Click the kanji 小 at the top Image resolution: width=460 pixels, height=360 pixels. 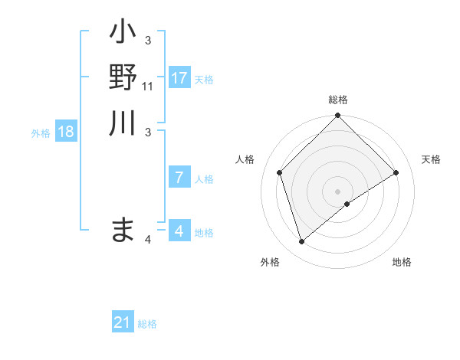pos(123,34)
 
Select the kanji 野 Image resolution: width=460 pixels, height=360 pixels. pos(123,77)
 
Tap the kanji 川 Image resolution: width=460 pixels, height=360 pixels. pos(123,123)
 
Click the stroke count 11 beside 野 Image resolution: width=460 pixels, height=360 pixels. pos(148,87)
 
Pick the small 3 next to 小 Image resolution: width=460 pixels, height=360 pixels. pos(148,41)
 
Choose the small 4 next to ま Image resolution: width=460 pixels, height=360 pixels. pos(148,240)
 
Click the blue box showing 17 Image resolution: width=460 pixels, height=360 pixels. pos(179,78)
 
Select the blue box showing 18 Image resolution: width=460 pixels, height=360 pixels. pos(66,132)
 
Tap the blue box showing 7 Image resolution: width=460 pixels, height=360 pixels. pos(179,178)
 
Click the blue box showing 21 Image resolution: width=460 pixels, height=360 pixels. pos(123,322)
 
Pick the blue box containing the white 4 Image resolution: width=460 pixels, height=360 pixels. pos(179,231)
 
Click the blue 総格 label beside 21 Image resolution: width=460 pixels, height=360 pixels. pos(147,324)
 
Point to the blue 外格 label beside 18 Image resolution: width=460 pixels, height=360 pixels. pos(41,133)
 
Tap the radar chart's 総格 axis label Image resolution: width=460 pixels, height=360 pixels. pos(338,100)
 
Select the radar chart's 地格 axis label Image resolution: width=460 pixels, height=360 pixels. pos(402,262)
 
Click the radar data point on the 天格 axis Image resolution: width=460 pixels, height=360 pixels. pos(396,172)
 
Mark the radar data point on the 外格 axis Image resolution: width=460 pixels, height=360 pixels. pos(302,242)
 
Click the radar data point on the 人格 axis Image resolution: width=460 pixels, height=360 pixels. pos(280,172)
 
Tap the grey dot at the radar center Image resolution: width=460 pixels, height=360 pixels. pos(338,191)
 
